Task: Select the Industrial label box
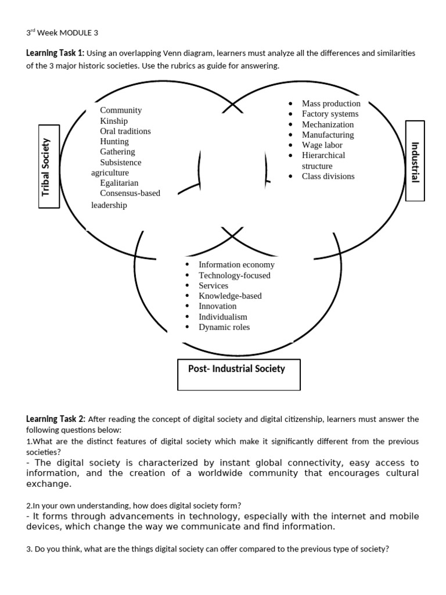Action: click(x=415, y=161)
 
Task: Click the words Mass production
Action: click(x=331, y=103)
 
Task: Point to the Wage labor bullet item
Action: click(x=322, y=145)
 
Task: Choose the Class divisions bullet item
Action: click(x=328, y=176)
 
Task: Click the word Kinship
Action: click(x=114, y=121)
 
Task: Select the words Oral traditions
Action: click(x=125, y=131)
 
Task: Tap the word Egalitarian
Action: click(x=119, y=183)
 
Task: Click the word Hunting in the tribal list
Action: click(x=114, y=141)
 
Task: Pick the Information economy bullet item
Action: click(x=236, y=265)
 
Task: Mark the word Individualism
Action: click(x=223, y=317)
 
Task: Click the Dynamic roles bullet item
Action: click(x=224, y=327)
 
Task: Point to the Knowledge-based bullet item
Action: click(x=230, y=296)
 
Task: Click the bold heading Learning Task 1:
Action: click(x=55, y=53)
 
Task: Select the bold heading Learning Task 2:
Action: click(x=55, y=419)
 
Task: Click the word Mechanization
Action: click(x=328, y=124)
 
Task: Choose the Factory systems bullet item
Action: click(x=330, y=114)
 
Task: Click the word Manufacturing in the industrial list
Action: click(x=328, y=135)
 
